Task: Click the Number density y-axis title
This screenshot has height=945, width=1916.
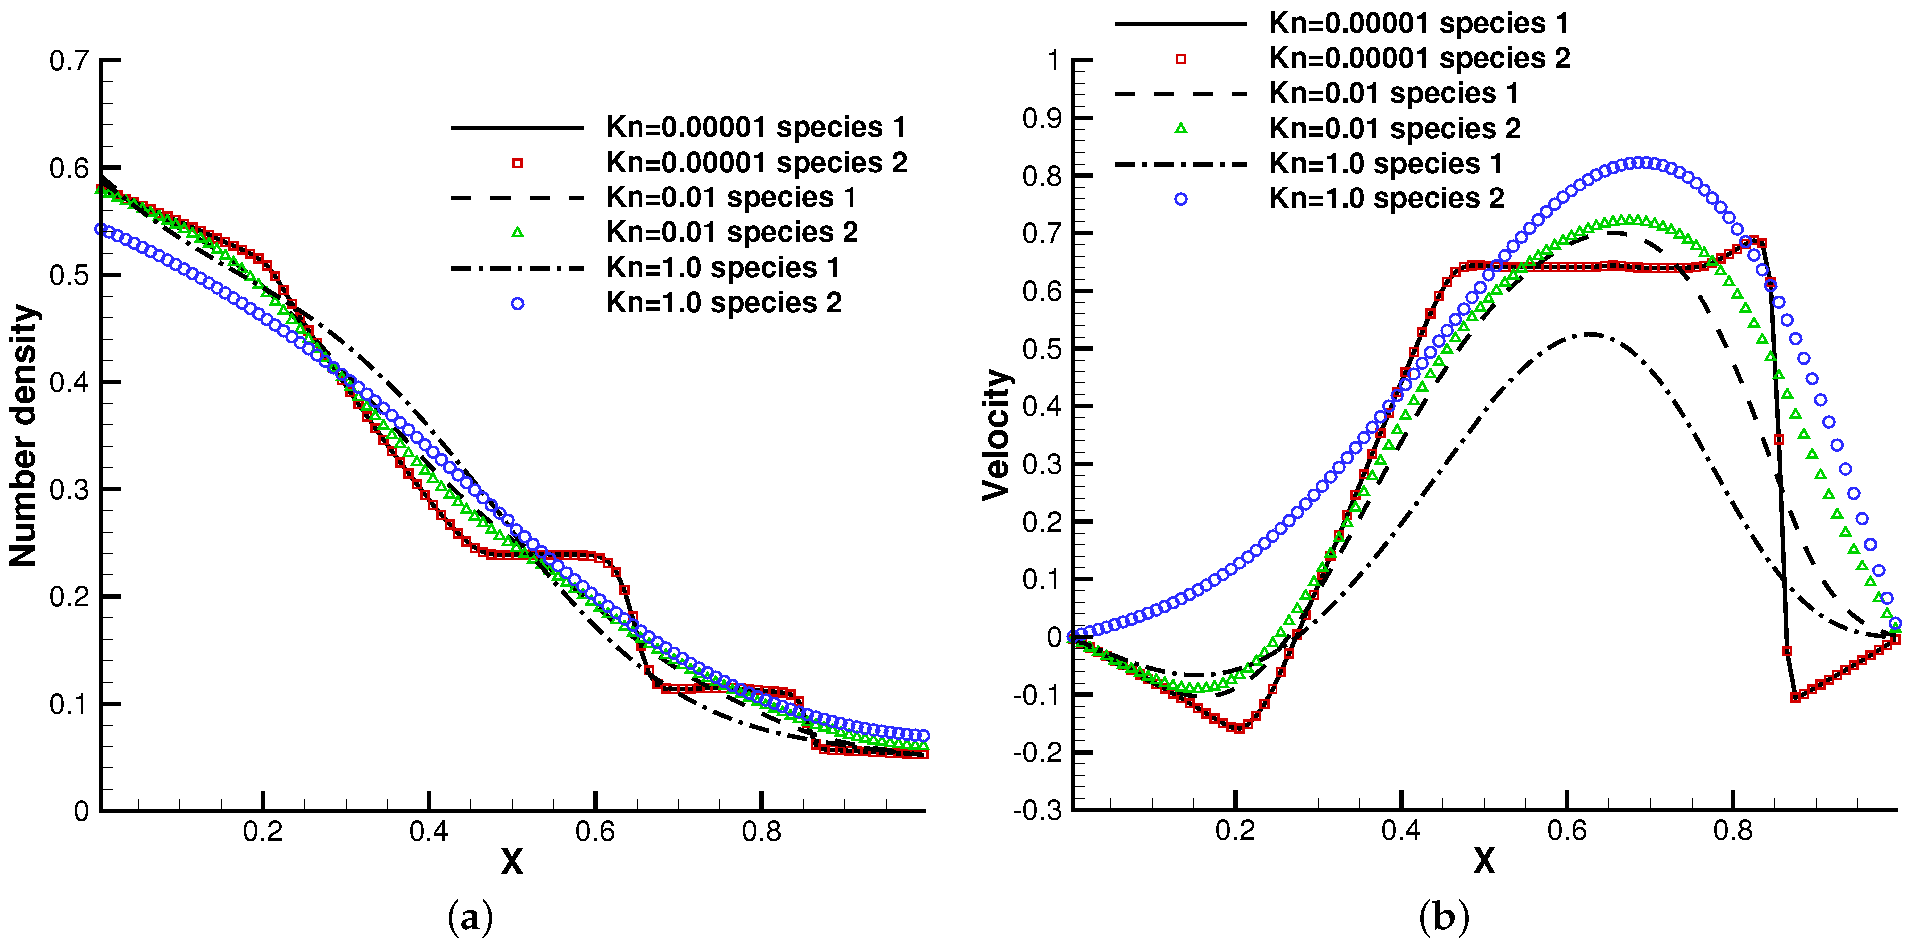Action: point(24,435)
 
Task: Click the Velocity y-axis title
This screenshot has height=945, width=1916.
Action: point(996,435)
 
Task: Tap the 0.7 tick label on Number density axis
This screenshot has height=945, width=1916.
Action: point(68,60)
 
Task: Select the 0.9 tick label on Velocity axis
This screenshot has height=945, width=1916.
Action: point(1042,118)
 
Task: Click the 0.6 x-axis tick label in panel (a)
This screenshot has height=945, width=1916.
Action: point(595,831)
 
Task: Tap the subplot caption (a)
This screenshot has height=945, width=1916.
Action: point(470,918)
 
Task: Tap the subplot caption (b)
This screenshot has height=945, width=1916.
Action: point(1443,918)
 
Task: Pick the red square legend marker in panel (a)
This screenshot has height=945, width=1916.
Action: point(518,164)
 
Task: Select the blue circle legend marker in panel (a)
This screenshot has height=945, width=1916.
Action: point(518,303)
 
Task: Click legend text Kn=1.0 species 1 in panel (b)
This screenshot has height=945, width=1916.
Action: point(1385,164)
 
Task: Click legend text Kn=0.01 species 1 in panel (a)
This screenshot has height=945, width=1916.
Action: point(730,198)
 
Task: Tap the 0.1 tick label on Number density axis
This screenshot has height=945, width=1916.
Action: point(68,704)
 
